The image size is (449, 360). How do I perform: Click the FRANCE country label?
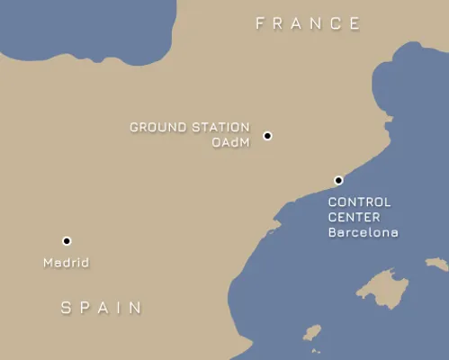308,23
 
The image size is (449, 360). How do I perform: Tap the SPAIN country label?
102,308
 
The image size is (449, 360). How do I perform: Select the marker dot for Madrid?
67,241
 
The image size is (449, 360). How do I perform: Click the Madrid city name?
67,263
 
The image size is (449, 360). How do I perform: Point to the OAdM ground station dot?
267,136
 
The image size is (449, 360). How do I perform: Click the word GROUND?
156,128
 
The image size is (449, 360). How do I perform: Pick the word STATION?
218,128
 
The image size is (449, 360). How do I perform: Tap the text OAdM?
230,142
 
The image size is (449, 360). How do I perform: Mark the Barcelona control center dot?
338,180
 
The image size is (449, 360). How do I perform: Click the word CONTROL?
359,202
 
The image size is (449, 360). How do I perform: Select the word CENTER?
354,217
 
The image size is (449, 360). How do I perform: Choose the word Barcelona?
363,232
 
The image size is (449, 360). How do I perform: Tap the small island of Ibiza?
312,333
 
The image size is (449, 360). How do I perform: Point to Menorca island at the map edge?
437,264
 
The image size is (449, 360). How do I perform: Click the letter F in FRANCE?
261,23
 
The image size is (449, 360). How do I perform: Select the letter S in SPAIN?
66,308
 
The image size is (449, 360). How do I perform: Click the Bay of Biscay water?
81,27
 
